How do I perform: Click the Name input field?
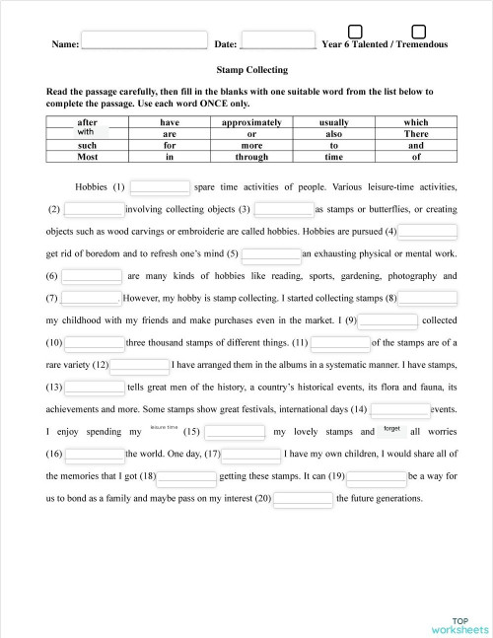pos(144,43)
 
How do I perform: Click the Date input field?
pos(277,43)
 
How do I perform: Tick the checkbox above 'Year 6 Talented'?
pos(355,33)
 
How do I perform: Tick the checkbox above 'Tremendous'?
pos(418,33)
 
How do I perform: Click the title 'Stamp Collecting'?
pos(251,70)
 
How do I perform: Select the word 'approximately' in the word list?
pos(251,122)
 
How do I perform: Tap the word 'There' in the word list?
pos(416,133)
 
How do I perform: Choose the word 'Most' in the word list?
pos(88,156)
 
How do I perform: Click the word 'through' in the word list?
pos(251,156)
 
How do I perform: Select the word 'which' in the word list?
pos(416,122)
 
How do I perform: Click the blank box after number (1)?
pos(160,186)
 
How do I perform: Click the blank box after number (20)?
pos(303,498)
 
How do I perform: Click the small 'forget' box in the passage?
pos(391,430)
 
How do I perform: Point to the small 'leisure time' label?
pos(164,428)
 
